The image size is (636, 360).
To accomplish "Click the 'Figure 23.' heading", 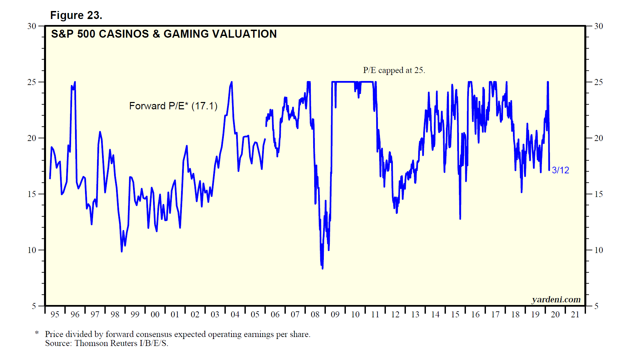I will pos(76,15).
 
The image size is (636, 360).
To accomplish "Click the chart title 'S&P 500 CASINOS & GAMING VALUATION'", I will pos(164,34).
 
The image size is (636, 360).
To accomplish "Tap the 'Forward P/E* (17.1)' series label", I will pos(173,106).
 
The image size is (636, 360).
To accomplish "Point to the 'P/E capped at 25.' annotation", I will pos(394,70).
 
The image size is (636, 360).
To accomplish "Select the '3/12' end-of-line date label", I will pos(560,170).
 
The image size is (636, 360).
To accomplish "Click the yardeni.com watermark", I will pos(556,300).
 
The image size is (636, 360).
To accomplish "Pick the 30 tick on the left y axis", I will pos(32,26).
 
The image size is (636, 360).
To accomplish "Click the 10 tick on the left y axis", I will pos(32,250).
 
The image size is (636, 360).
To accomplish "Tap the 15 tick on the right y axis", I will pos(599,194).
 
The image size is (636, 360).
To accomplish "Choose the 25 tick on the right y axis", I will pos(599,82).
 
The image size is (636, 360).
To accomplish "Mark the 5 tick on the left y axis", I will pos(34,306).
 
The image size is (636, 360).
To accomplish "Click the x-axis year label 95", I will pos(55,314).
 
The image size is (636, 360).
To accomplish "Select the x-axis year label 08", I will pos(315,314).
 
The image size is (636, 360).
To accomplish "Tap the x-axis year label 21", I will pos(575,314).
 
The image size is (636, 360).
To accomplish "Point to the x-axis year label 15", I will pos(455,314).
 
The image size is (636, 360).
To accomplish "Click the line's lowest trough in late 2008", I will pos(323,268).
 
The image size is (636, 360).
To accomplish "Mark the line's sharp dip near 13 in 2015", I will pos(460,219).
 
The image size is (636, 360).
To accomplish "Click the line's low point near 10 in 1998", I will pos(122,251).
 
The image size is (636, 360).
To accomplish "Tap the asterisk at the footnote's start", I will pos(37,333).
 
